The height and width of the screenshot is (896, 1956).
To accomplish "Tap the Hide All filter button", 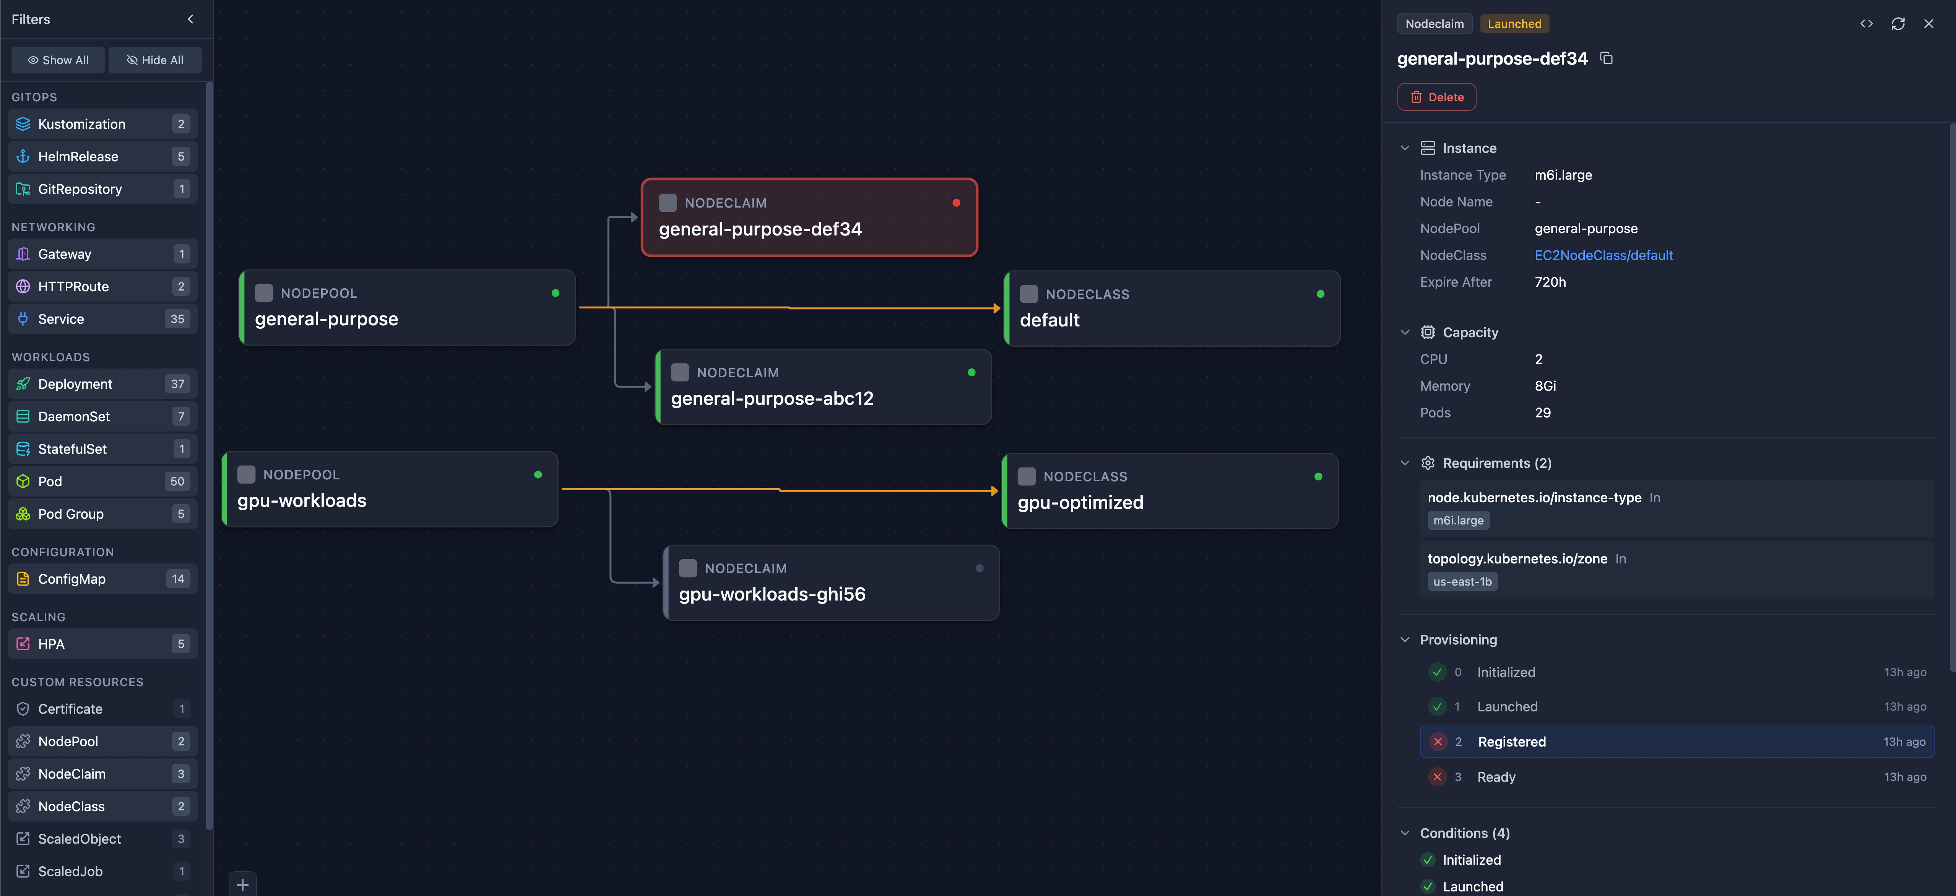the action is point(155,60).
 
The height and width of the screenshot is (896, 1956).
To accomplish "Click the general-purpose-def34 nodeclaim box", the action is point(809,217).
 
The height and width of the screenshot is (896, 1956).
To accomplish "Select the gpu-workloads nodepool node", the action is point(390,489).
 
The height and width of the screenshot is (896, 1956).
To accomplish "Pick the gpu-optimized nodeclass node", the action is point(1170,490).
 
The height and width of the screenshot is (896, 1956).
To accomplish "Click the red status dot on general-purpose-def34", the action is point(956,203).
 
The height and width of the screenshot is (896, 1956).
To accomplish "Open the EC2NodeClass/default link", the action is point(1603,255).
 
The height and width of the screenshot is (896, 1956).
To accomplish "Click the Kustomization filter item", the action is point(102,124).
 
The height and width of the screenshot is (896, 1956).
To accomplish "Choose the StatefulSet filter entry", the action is point(102,449).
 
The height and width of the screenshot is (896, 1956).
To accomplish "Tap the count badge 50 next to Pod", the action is point(177,481).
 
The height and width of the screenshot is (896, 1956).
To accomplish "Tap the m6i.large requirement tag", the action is point(1458,520).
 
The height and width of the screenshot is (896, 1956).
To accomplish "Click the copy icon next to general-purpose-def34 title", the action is point(1606,58).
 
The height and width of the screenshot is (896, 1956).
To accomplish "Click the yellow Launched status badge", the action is point(1514,24).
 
